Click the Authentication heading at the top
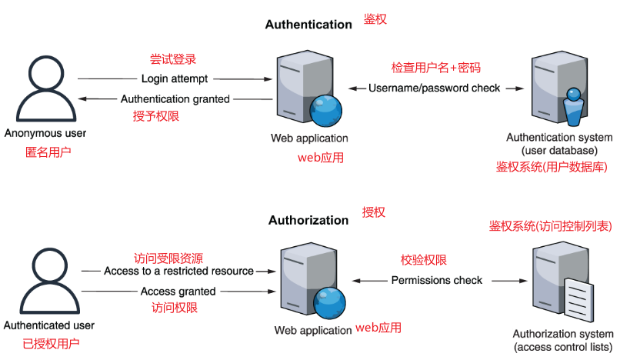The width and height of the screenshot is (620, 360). [x=308, y=25]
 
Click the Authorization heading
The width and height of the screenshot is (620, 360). [x=308, y=221]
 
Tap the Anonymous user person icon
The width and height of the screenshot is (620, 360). [x=45, y=89]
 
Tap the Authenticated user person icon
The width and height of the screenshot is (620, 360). [x=45, y=282]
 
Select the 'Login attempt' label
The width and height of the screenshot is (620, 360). [x=175, y=79]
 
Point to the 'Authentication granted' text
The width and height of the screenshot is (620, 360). [x=175, y=99]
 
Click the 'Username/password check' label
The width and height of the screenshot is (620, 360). [x=434, y=88]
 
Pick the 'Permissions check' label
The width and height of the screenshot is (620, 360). [x=437, y=281]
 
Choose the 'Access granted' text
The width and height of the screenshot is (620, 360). [x=178, y=292]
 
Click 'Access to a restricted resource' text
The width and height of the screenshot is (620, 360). [x=178, y=272]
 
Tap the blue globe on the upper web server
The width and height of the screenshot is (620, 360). [x=327, y=111]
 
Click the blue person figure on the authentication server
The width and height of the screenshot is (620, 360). [x=573, y=108]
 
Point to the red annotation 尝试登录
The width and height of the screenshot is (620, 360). [x=172, y=59]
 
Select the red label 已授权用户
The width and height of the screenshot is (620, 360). [x=50, y=344]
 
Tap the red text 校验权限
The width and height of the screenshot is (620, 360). [x=423, y=260]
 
